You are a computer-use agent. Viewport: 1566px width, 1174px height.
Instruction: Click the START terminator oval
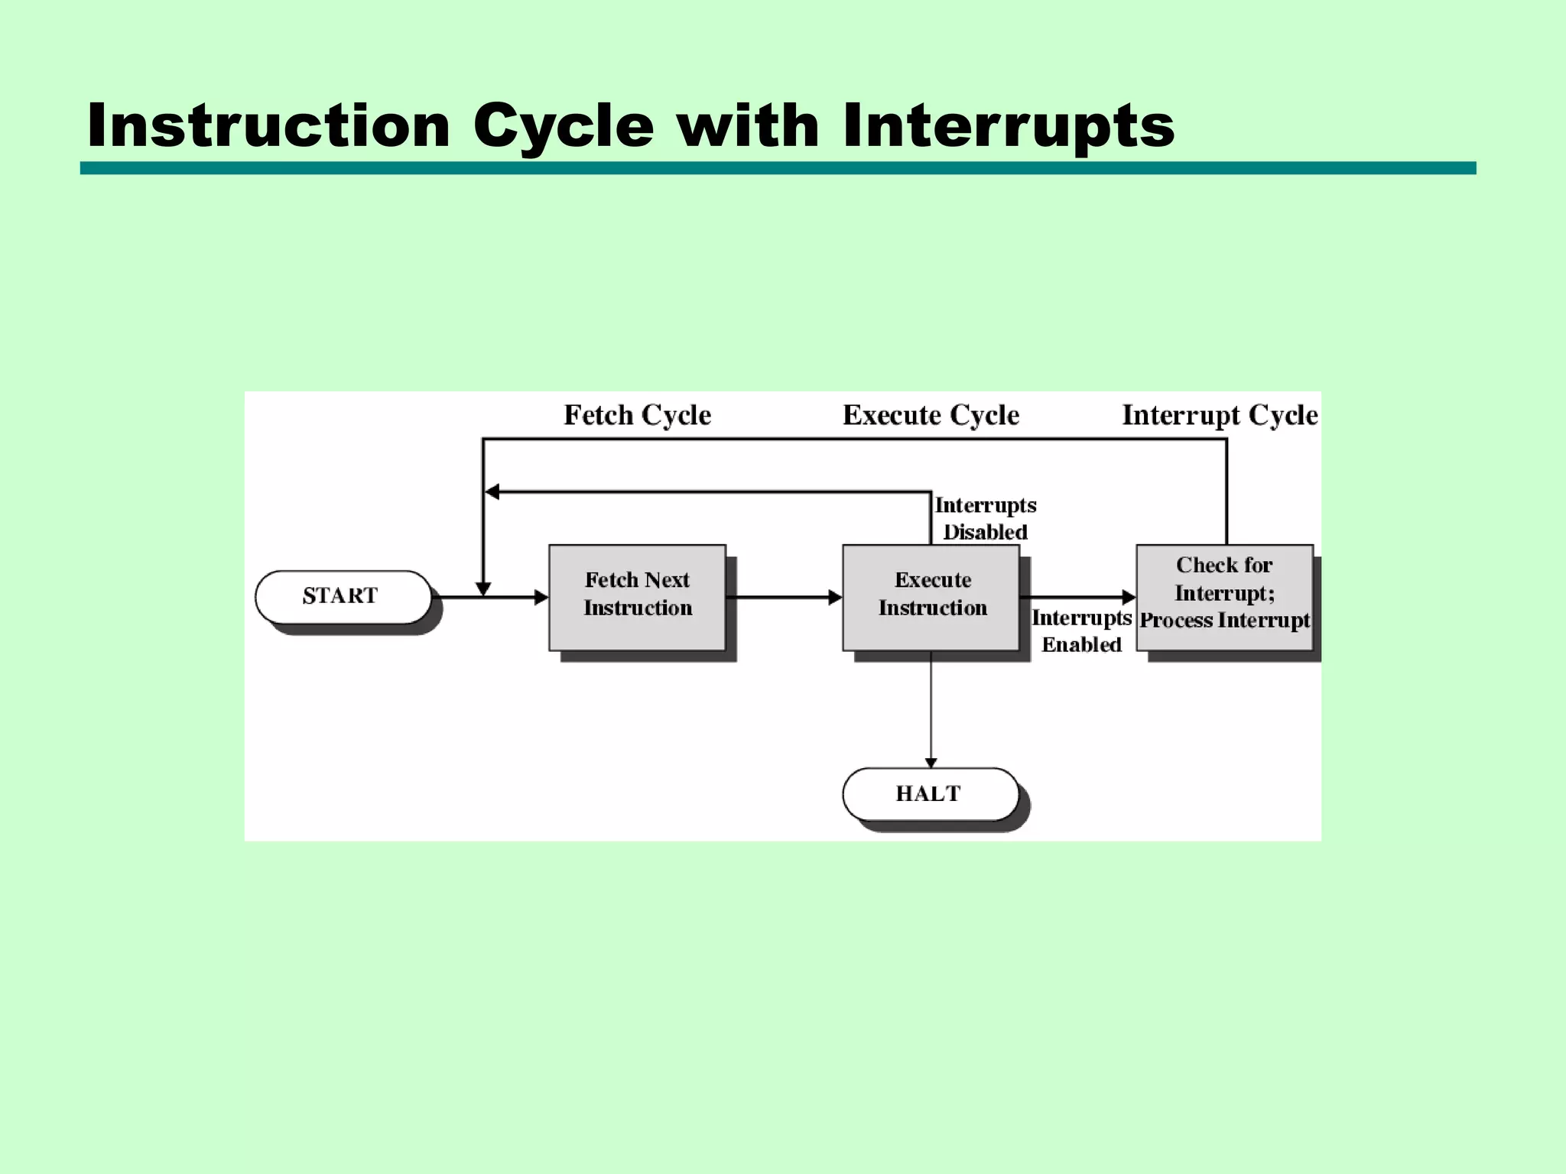tap(343, 597)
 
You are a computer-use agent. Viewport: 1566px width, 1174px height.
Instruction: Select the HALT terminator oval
tap(931, 794)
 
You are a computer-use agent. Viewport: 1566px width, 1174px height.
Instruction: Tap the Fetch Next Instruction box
tap(637, 597)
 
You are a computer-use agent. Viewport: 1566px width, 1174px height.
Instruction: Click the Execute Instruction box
tap(931, 597)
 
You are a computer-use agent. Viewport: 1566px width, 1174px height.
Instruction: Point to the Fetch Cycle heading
tap(637, 415)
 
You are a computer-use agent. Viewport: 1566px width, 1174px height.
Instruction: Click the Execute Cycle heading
tap(931, 415)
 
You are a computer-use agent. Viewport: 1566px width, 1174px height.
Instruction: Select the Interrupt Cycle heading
tap(1220, 415)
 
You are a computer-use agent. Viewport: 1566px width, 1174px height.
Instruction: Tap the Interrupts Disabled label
tap(985, 518)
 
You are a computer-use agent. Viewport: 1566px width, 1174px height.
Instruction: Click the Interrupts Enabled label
tap(1080, 631)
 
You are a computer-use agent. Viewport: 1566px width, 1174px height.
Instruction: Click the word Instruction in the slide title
tap(268, 125)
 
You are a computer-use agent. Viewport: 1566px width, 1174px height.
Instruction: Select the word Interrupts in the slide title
tap(1008, 125)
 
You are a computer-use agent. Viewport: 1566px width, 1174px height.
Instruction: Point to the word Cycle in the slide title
tap(564, 125)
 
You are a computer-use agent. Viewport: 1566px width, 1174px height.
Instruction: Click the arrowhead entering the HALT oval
tap(931, 763)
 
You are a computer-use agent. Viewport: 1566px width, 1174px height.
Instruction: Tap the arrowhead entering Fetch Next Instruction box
tap(541, 597)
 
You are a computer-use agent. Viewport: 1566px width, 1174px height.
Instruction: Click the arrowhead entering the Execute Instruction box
tap(835, 597)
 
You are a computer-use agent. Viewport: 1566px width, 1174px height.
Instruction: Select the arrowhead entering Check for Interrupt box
tap(1129, 597)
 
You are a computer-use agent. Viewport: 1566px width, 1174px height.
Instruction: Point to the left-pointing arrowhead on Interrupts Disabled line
tap(492, 492)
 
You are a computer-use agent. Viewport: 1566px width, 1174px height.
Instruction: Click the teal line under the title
tap(778, 168)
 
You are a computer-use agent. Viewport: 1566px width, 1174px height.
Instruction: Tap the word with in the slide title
tap(748, 125)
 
